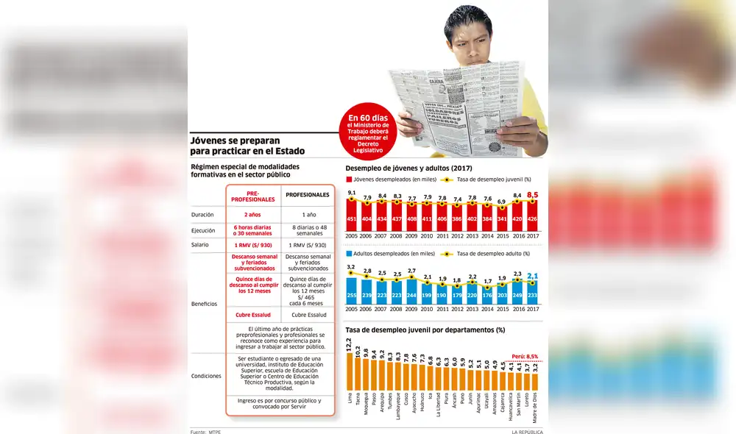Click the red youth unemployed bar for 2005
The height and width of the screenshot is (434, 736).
352,217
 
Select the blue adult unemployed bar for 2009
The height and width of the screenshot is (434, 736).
411,292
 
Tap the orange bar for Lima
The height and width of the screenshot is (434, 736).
349,371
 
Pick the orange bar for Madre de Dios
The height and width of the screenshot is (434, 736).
534,383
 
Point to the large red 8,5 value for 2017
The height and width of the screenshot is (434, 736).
533,195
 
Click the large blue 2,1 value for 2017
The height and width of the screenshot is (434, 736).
533,276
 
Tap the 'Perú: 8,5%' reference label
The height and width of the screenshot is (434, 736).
526,356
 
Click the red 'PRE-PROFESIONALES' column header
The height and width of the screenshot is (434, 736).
252,195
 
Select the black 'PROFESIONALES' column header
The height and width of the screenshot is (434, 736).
307,195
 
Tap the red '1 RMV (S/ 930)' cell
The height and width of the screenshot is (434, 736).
252,244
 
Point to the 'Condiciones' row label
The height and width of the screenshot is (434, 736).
205,375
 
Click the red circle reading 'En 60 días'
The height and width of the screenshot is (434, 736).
368,133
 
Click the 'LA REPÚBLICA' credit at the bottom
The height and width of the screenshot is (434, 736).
529,431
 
